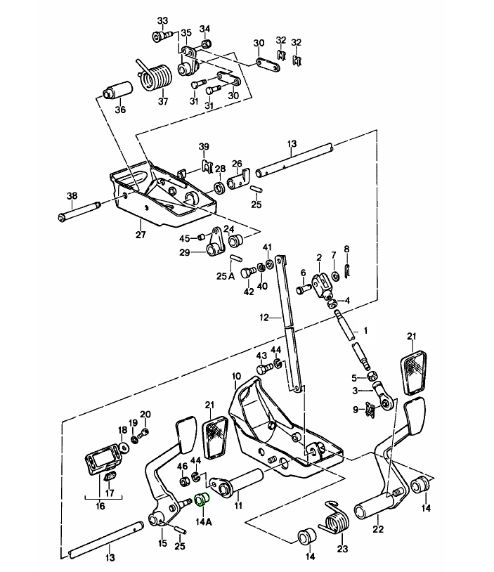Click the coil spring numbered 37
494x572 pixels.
[158, 77]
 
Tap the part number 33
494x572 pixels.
[163, 20]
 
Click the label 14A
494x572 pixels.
[204, 521]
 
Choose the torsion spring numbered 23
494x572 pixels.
[337, 520]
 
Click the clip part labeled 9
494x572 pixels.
[370, 410]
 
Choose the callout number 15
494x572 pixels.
[163, 542]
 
